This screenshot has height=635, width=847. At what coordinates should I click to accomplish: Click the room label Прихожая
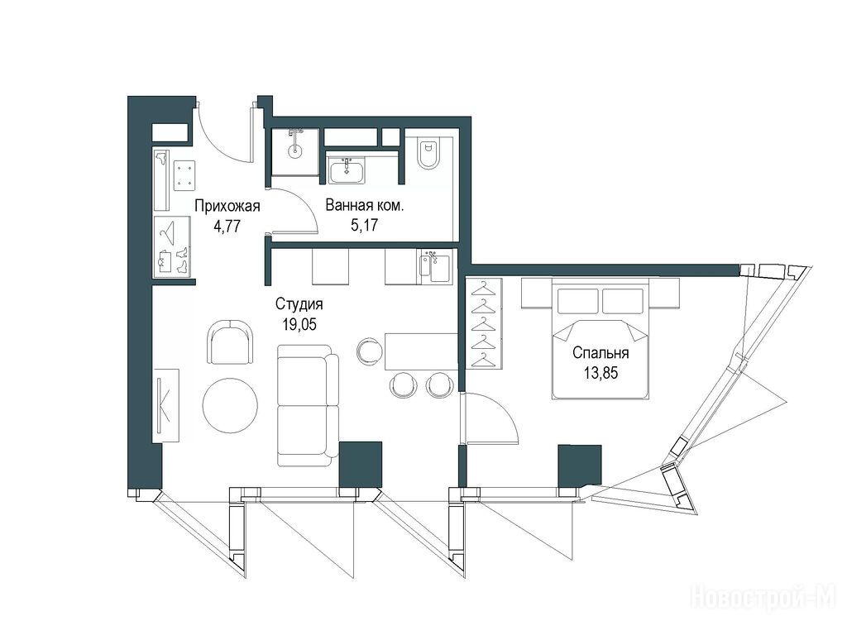pos(227,206)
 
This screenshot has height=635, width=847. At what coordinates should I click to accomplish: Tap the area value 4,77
pos(227,226)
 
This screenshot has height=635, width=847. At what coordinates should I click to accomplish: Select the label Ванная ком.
pos(365,205)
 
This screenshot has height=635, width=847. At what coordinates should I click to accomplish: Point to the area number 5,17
pos(364,225)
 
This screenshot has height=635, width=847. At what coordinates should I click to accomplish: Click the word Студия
pos(299,304)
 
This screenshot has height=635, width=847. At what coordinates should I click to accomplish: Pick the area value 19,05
pos(299,324)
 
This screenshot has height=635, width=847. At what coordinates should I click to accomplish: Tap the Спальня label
pos(601,353)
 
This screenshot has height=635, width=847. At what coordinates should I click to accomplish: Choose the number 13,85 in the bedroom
pos(601,373)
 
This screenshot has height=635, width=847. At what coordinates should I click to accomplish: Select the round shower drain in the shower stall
pos(295,150)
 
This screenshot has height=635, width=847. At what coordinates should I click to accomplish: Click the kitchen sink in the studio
pos(433,267)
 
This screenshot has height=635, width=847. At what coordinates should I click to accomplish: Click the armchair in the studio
pos(230,342)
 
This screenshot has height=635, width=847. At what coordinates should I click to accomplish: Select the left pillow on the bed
pos(578,301)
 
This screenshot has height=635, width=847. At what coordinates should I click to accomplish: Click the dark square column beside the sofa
pos(361,465)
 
